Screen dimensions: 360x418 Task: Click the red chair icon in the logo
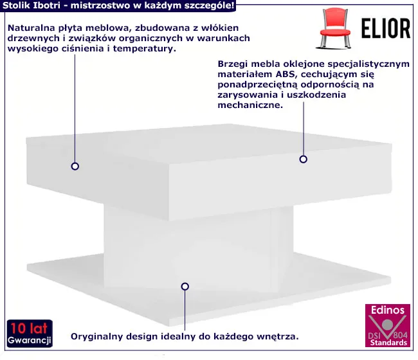(x=338, y=26)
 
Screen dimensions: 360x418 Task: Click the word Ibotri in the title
(x=46, y=6)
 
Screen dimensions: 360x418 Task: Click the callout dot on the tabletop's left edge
(x=75, y=166)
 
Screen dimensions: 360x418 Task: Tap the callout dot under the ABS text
(x=302, y=159)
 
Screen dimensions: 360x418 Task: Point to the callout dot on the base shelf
(x=185, y=286)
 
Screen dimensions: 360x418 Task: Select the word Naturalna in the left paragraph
(x=32, y=28)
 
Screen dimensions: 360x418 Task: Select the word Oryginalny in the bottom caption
(x=96, y=336)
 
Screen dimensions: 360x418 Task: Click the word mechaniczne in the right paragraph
(x=250, y=105)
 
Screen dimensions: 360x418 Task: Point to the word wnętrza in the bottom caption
(x=278, y=336)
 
